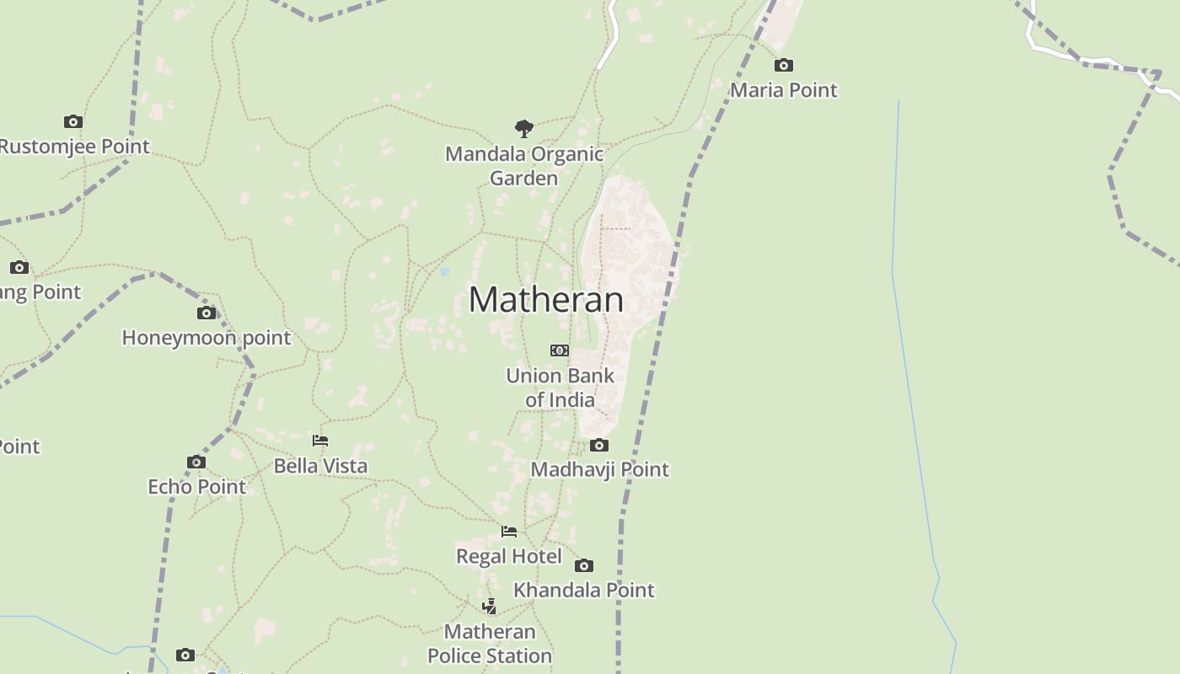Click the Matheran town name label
click(x=546, y=300)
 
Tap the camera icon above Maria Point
click(x=784, y=65)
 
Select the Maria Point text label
click(x=784, y=90)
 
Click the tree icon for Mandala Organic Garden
click(x=524, y=129)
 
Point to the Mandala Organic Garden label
click(x=524, y=166)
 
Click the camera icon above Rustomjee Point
click(x=73, y=121)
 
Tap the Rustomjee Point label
click(x=74, y=147)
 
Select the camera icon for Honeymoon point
click(x=206, y=313)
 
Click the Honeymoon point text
click(x=206, y=338)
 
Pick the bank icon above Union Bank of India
click(x=560, y=350)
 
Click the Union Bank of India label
click(x=560, y=388)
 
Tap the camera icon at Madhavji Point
click(x=599, y=445)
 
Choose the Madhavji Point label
click(x=599, y=469)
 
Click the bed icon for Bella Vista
click(x=320, y=441)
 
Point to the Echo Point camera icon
click(x=196, y=462)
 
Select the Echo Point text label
click(x=196, y=487)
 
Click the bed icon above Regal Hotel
click(x=509, y=532)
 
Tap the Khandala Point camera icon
click(x=584, y=565)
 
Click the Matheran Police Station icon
click(x=490, y=607)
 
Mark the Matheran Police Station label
click(x=490, y=644)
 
